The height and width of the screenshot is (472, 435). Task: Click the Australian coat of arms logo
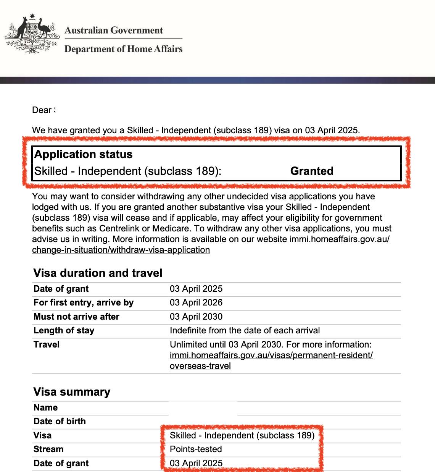(32, 34)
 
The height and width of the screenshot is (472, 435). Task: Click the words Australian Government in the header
(114, 31)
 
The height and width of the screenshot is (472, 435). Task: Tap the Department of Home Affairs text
(123, 49)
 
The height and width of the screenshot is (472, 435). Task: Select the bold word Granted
(312, 171)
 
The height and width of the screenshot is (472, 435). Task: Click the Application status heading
(84, 154)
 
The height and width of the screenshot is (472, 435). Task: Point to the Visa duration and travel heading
(98, 273)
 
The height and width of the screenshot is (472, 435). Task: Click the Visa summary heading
(72, 392)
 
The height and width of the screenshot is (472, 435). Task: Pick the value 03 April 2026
(196, 303)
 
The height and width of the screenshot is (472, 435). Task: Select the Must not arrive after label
(76, 317)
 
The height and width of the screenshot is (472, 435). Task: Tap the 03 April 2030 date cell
(196, 317)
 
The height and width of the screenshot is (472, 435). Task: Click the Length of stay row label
(64, 331)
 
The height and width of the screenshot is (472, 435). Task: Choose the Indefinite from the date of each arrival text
(245, 331)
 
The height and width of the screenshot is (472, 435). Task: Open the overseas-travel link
(200, 366)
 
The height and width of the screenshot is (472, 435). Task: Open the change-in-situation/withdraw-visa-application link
(121, 250)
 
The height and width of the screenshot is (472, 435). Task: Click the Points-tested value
(196, 449)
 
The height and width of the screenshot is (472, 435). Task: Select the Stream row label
(48, 449)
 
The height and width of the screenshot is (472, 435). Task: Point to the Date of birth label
(60, 422)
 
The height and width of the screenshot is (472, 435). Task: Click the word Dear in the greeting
(42, 110)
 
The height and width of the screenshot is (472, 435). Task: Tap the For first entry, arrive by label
(84, 303)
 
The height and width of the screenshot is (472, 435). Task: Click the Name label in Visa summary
(45, 407)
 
